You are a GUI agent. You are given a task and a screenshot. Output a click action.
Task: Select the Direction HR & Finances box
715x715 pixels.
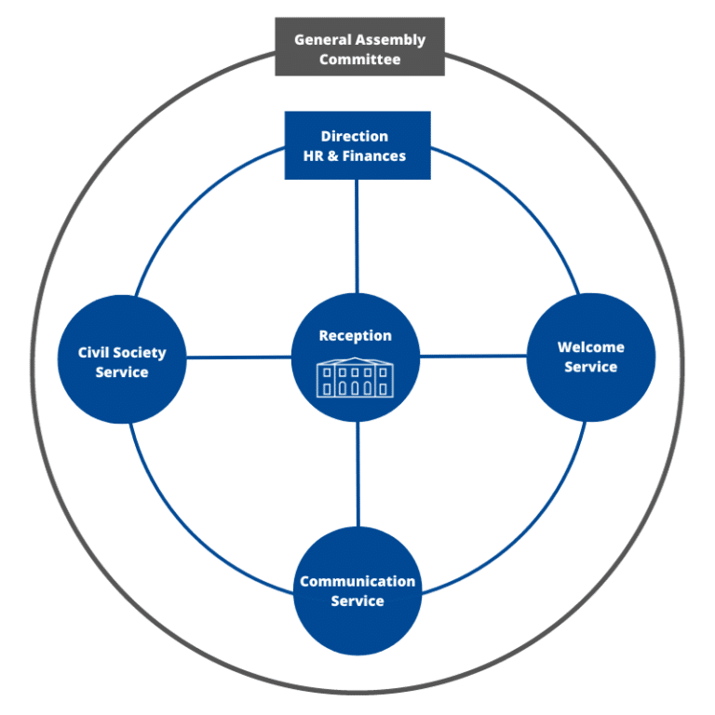[357, 145]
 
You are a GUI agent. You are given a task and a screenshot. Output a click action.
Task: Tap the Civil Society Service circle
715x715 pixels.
[122, 360]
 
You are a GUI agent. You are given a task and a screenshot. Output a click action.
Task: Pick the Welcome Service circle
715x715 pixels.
[591, 357]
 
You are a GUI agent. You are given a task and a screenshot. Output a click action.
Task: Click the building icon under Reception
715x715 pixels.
[356, 378]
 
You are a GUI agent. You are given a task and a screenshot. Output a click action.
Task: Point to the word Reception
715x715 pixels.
[356, 336]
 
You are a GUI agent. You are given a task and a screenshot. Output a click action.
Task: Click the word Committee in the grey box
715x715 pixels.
[359, 60]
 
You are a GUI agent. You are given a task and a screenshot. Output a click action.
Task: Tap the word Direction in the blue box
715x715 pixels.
[355, 136]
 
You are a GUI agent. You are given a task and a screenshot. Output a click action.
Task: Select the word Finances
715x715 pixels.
[374, 156]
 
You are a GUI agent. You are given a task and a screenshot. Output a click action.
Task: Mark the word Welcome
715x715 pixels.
[591, 347]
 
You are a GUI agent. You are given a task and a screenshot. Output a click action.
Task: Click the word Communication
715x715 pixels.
[357, 582]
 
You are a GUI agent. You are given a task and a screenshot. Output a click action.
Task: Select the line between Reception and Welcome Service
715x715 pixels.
[473, 356]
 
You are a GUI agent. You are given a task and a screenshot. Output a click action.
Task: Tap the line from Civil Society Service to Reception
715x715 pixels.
[239, 357]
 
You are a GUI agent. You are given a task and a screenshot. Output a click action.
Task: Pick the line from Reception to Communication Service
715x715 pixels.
[357, 475]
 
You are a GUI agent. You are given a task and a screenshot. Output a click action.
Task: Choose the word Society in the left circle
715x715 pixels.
[142, 353]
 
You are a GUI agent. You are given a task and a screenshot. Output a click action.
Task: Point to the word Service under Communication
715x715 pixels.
[357, 601]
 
